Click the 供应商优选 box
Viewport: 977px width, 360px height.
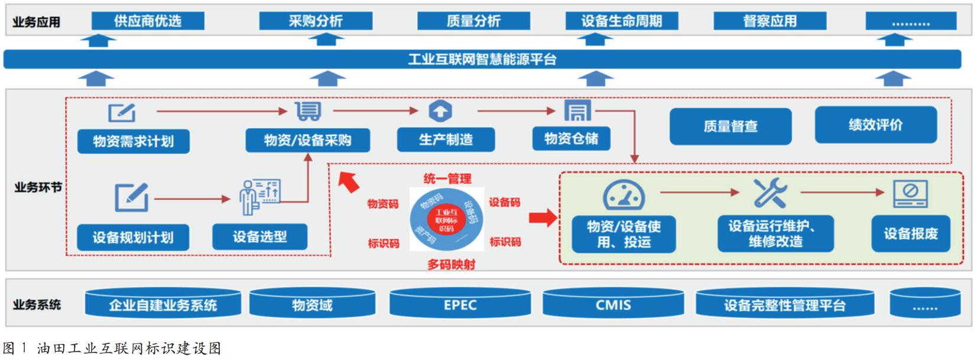[x=148, y=21]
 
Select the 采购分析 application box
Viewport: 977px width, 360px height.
[x=316, y=21]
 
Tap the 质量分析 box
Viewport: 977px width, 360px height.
[x=473, y=21]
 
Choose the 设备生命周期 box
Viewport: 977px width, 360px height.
[x=621, y=21]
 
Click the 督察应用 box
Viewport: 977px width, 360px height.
[x=770, y=21]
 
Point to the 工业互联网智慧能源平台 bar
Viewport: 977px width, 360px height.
[x=482, y=59]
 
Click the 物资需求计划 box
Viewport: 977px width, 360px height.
[x=134, y=141]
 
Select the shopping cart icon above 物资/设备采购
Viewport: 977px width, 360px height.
[x=308, y=111]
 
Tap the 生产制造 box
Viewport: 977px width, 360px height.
[x=446, y=140]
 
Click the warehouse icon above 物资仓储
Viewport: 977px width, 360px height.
[x=577, y=110]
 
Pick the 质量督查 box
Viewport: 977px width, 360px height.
[x=730, y=126]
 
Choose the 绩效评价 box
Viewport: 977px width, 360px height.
[x=875, y=125]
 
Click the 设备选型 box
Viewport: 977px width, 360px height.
[x=259, y=237]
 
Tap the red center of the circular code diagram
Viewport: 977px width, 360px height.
[x=446, y=220]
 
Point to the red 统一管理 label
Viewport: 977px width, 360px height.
[x=447, y=179]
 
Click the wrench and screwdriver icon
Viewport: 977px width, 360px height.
[x=770, y=193]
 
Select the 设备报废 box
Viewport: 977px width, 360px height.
[x=910, y=234]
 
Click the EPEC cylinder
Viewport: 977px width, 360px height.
[x=460, y=305]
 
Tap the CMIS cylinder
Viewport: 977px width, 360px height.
[x=613, y=305]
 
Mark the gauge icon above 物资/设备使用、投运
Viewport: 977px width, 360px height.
[x=624, y=194]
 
